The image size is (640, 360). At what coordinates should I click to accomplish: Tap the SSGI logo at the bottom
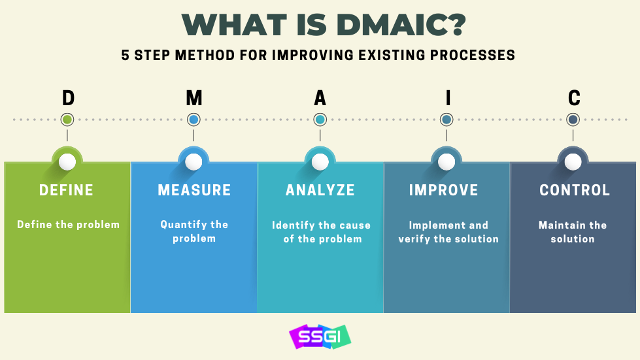pos(320,336)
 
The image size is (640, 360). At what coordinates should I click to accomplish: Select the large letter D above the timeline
pos(68,98)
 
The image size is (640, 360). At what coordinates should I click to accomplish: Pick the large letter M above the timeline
pos(194,98)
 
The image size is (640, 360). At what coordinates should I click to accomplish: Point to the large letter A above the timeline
pos(320,98)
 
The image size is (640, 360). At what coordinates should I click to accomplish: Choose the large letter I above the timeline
pos(448,98)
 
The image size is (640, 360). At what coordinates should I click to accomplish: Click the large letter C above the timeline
pos(573,98)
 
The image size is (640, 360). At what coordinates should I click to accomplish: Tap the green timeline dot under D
pos(67,120)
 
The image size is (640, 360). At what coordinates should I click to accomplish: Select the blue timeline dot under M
pos(194,120)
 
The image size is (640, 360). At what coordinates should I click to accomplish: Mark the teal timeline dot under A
pos(320,120)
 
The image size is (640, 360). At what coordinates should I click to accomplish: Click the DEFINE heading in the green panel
pos(66,190)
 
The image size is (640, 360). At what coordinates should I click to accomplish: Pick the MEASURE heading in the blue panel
pos(194,190)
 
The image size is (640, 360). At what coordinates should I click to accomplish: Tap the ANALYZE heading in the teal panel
pos(320,190)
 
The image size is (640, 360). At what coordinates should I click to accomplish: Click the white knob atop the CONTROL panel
pos(573,162)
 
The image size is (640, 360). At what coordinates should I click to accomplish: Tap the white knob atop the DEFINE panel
pos(67,162)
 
